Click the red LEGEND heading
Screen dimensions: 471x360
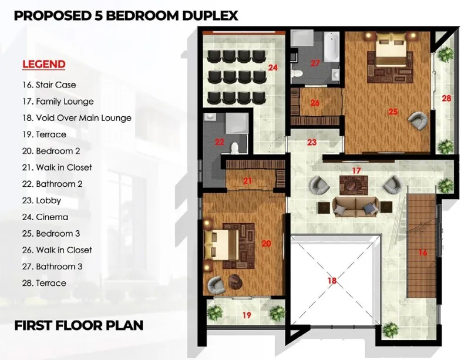click(x=44, y=65)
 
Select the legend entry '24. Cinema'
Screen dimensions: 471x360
click(x=45, y=217)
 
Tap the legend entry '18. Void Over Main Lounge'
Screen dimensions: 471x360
click(x=76, y=118)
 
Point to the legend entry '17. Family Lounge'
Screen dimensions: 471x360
click(x=58, y=102)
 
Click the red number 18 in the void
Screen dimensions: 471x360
click(x=332, y=280)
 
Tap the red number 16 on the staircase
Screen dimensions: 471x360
click(x=423, y=253)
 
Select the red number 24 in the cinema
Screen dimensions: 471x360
click(x=272, y=68)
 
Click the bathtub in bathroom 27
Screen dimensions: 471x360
click(x=332, y=46)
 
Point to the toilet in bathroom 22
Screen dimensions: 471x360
click(x=234, y=147)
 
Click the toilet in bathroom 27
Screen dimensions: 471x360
click(x=297, y=73)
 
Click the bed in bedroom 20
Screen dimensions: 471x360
click(x=221, y=245)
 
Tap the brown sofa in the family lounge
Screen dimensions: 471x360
click(x=356, y=207)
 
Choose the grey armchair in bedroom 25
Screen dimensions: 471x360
click(x=418, y=120)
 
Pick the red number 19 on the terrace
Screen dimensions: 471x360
click(x=246, y=315)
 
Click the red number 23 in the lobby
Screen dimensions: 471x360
click(x=312, y=142)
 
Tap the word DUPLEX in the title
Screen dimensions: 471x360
click(x=210, y=16)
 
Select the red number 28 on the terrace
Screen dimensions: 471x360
click(x=446, y=98)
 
